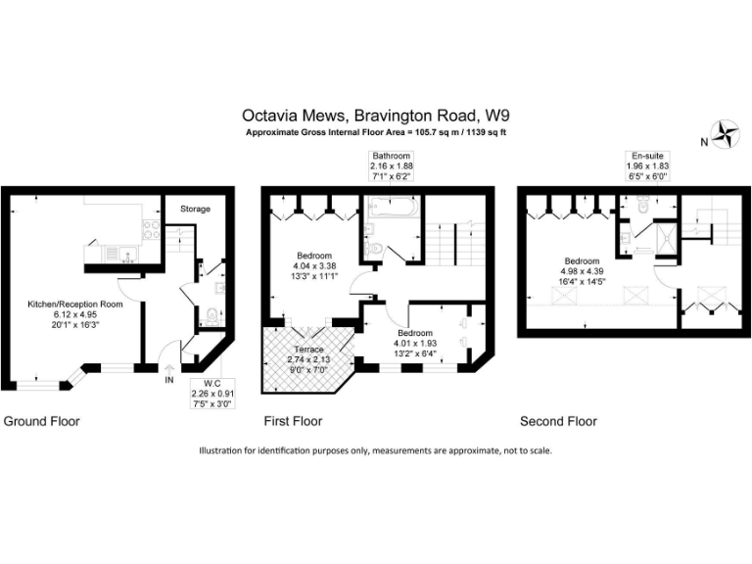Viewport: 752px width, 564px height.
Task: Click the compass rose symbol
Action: [725, 134]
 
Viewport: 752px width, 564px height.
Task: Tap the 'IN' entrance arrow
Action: [169, 368]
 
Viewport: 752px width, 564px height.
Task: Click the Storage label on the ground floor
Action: [195, 209]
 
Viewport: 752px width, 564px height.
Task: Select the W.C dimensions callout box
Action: [211, 394]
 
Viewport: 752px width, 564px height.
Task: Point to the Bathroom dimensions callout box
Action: [392, 165]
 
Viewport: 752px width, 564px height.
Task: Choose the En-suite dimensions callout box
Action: [647, 165]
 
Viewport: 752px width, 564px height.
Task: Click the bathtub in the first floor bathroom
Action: [394, 208]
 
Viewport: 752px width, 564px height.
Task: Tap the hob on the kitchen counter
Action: [151, 229]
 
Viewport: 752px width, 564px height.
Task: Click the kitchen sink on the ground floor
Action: [128, 254]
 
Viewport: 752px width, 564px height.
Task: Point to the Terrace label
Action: [308, 350]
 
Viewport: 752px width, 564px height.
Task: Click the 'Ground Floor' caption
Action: [42, 421]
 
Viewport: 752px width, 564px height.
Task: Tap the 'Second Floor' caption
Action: [558, 421]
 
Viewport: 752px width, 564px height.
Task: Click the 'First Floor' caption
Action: [293, 421]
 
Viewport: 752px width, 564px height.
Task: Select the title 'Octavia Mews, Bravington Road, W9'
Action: [376, 116]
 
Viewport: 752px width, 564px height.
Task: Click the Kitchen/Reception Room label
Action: [75, 305]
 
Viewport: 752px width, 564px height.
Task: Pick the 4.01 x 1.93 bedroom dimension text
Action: [415, 344]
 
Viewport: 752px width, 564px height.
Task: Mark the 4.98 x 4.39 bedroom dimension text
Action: [582, 271]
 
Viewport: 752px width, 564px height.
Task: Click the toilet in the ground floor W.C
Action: [211, 316]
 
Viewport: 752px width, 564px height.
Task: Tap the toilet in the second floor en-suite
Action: [641, 205]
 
